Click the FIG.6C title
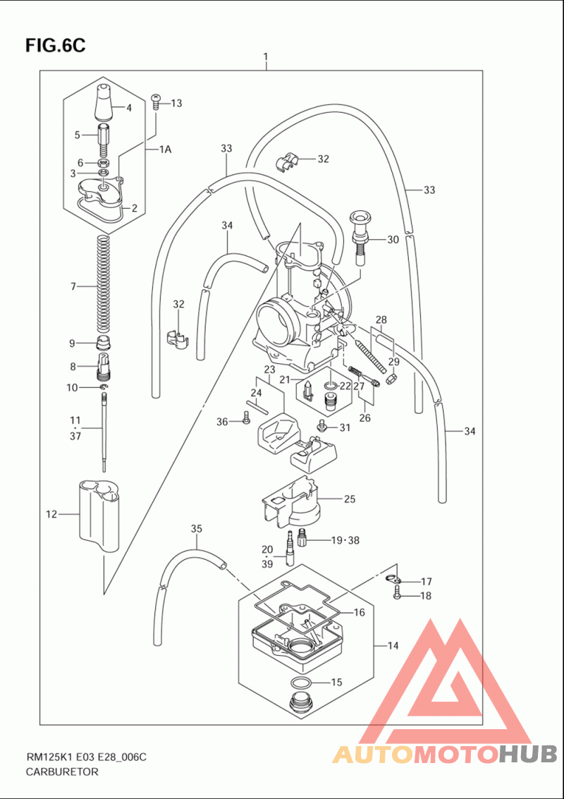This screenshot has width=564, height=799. point(55,46)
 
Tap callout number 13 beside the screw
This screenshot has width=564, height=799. point(176,104)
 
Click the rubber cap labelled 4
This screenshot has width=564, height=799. point(103,102)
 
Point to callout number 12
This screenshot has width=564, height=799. point(51,515)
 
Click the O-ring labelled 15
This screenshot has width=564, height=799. point(301,683)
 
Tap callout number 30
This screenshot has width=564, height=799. point(392,240)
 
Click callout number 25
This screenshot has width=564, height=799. point(349,499)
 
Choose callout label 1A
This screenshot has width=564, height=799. point(164,150)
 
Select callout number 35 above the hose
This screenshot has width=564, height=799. point(197,529)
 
